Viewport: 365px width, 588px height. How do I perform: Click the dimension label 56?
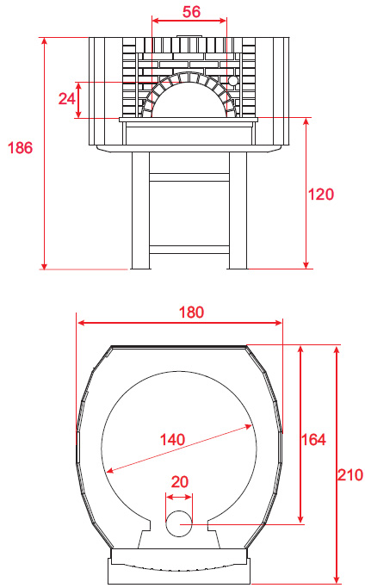click(x=191, y=12)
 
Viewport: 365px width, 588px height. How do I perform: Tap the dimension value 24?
click(x=67, y=99)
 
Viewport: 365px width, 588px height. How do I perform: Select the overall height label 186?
click(x=21, y=148)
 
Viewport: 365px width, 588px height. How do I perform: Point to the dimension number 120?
click(x=321, y=195)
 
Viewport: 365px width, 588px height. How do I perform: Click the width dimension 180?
click(x=191, y=312)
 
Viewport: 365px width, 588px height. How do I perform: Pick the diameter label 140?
click(x=172, y=439)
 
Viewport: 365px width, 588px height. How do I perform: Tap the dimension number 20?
click(x=180, y=482)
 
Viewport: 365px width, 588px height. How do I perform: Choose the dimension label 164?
click(x=313, y=439)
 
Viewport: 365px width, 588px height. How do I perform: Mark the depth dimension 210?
click(x=350, y=474)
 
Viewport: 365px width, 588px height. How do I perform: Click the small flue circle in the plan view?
click(x=179, y=523)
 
